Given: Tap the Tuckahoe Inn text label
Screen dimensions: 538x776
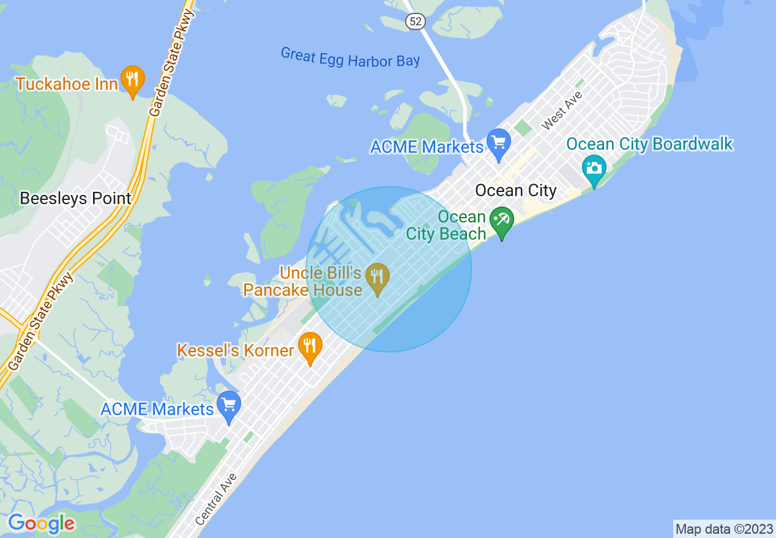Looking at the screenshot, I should [66, 84].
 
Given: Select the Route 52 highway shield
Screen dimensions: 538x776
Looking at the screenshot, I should [415, 21].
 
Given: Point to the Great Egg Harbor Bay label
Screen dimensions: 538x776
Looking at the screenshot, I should [350, 57].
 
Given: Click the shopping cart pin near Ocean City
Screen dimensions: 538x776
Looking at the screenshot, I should [499, 143].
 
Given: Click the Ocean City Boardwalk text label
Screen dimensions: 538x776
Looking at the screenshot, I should [649, 144].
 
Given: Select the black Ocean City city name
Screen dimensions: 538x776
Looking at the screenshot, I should [515, 191].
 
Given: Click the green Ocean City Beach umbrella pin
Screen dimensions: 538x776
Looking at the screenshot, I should [502, 221].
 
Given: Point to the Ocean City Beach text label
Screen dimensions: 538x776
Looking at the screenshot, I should [446, 225].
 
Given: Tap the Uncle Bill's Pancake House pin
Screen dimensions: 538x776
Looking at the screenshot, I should [377, 278].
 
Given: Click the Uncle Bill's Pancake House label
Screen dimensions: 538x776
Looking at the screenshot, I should [303, 281].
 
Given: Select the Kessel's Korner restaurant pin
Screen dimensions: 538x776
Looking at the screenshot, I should [310, 347].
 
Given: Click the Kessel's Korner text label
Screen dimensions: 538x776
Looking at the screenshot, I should [236, 350].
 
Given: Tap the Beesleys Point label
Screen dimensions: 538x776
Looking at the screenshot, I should [75, 198].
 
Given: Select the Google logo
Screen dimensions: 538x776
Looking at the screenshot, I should [41, 523].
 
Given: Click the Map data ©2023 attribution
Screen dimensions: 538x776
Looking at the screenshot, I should [724, 529].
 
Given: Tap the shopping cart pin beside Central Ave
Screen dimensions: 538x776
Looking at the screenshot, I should [229, 405].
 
